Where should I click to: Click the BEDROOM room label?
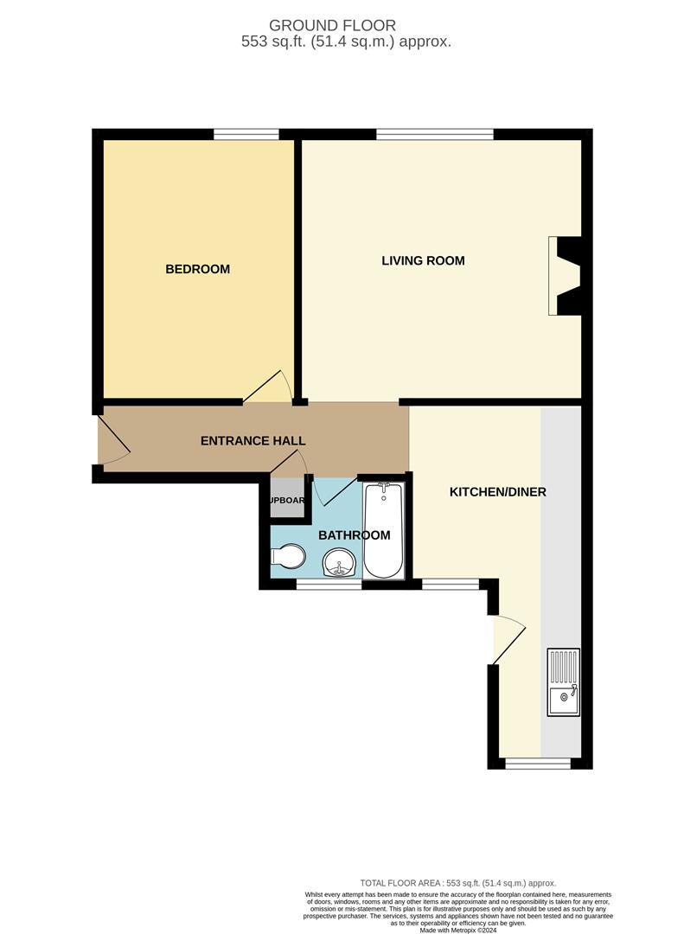click(197, 269)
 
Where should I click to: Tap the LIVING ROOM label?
click(423, 260)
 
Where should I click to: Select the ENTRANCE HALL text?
click(253, 441)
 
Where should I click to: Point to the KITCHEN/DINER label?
click(497, 492)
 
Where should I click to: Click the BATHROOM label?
click(355, 535)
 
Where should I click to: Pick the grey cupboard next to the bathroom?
click(287, 501)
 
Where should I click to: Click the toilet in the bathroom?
click(289, 558)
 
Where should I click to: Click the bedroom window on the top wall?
click(246, 133)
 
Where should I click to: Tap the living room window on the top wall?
click(434, 133)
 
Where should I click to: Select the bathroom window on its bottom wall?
click(329, 585)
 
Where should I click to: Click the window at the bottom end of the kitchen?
click(537, 763)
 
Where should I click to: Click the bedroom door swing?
click(270, 388)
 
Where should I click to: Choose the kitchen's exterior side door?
click(508, 640)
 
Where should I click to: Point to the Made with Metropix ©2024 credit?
click(458, 930)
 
